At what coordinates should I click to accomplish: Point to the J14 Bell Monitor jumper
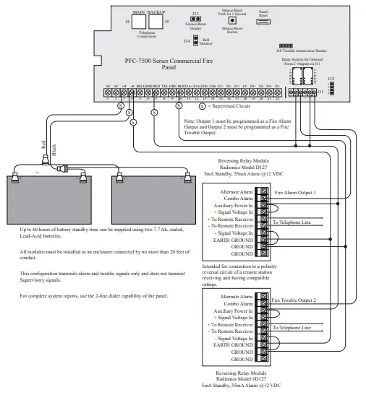(x=196, y=41)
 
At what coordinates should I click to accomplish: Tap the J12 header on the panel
(x=331, y=87)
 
